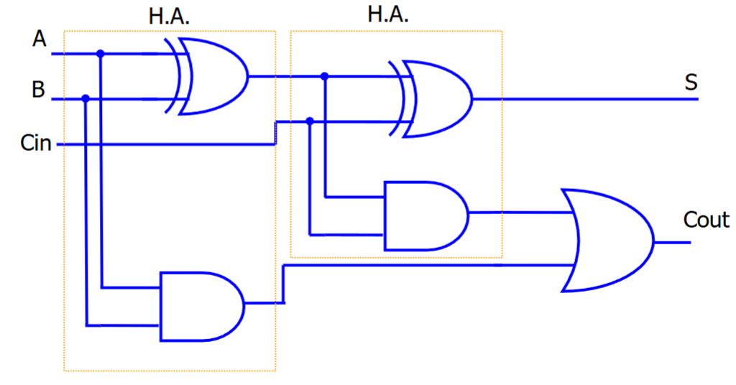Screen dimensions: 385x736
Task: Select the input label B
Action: point(38,91)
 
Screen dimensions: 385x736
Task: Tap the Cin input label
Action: point(36,144)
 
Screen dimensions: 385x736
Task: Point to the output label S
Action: point(691,83)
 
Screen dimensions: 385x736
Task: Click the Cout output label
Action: point(706,219)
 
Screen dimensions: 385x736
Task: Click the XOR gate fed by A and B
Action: point(212,76)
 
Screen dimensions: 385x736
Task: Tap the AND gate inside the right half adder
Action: point(424,215)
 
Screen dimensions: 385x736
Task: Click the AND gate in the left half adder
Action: point(201,305)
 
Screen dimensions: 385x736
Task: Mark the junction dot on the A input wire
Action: point(101,53)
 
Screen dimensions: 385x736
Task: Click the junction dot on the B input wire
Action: point(86,98)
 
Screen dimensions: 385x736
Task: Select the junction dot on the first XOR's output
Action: point(325,76)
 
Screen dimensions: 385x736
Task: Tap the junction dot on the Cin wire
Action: point(310,121)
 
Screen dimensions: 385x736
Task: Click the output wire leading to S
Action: point(582,98)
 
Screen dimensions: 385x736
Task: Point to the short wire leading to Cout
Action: point(672,242)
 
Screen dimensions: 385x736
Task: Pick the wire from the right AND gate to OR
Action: point(517,213)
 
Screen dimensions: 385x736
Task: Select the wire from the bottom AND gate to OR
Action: point(431,266)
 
